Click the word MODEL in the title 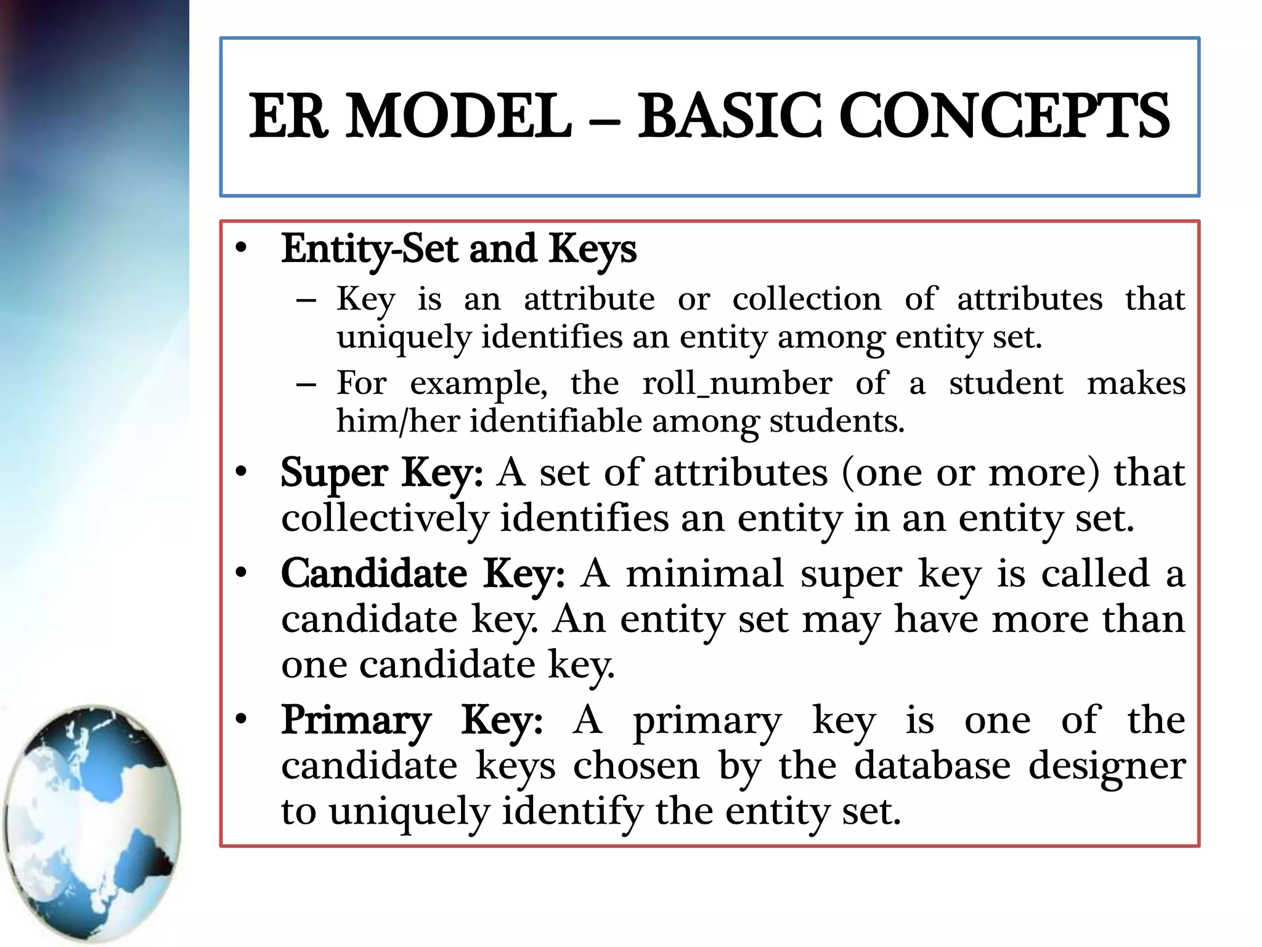[x=459, y=116]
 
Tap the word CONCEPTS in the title [x=1004, y=116]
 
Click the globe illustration [x=92, y=823]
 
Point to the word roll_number [x=737, y=383]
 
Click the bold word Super [x=334, y=473]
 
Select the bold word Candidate [x=374, y=574]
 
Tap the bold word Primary [x=356, y=720]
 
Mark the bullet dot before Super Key [x=241, y=473]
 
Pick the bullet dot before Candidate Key [x=241, y=574]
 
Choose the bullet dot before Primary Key [x=241, y=719]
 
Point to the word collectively [x=385, y=519]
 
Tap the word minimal [x=705, y=574]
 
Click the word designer [x=1107, y=767]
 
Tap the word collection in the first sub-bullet [x=807, y=300]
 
